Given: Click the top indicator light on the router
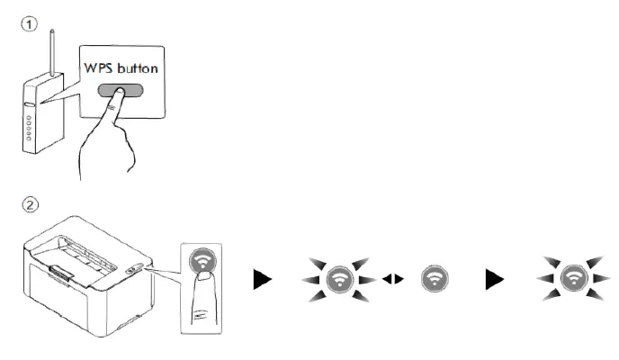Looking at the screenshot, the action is [x=28, y=118].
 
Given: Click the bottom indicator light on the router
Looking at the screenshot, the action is [x=30, y=138].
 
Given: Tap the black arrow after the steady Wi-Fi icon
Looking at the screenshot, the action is [x=495, y=280].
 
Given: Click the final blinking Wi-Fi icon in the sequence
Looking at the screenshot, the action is [x=572, y=278].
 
